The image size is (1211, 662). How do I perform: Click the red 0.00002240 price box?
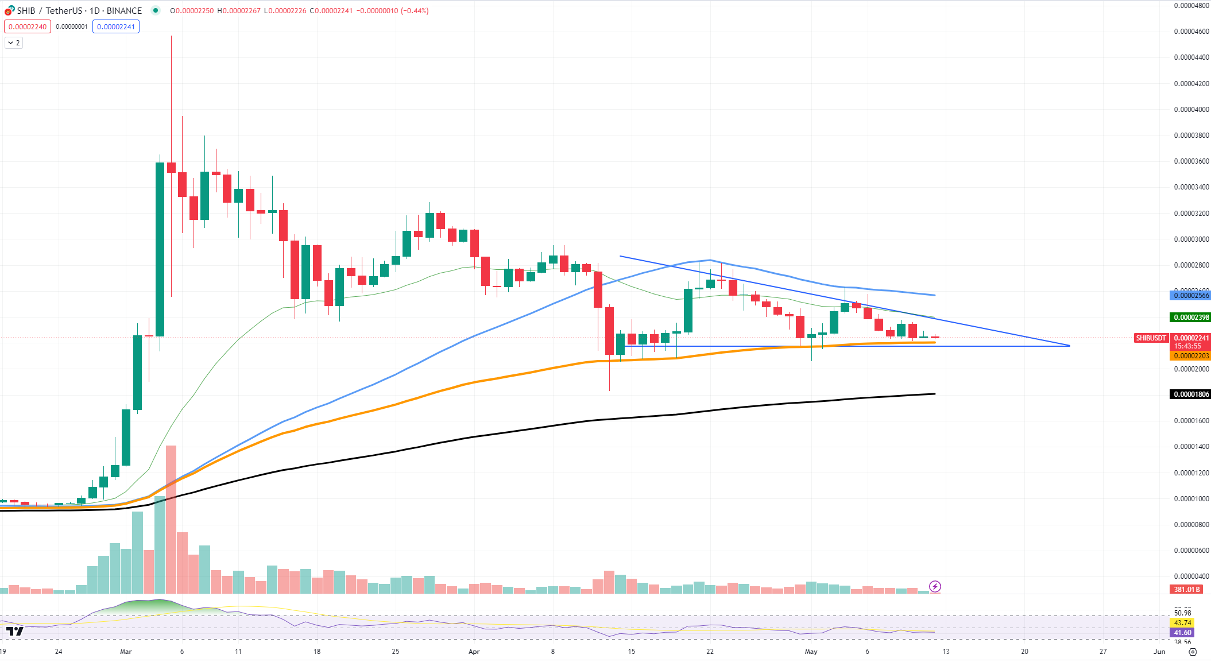click(x=28, y=27)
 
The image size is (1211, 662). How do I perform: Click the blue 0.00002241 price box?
click(x=116, y=27)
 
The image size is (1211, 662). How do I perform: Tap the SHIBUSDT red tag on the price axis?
click(x=1151, y=338)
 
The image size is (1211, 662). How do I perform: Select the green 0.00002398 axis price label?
click(x=1191, y=318)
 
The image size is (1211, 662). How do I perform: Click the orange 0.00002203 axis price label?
click(x=1191, y=356)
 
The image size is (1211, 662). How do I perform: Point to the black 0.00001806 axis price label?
click(x=1191, y=394)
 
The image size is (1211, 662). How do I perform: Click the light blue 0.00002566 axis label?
click(x=1191, y=296)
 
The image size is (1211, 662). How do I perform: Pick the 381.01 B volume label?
click(x=1187, y=590)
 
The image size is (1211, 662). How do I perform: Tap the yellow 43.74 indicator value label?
click(x=1182, y=623)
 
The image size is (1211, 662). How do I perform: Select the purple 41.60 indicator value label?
click(x=1182, y=633)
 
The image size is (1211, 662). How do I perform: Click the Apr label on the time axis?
click(x=474, y=652)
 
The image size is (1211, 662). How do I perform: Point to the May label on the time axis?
click(x=811, y=652)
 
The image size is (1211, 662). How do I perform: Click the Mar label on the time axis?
click(x=126, y=652)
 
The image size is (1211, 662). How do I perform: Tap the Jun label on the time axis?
click(x=1159, y=652)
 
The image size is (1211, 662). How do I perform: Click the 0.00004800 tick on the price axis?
click(x=1191, y=6)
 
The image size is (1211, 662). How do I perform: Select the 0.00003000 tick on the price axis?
click(x=1191, y=239)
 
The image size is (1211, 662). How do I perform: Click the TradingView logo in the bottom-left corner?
click(x=15, y=632)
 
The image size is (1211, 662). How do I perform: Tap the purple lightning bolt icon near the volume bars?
click(x=935, y=586)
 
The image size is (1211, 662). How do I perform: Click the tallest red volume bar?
click(x=171, y=517)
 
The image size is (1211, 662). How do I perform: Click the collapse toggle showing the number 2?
click(x=14, y=43)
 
